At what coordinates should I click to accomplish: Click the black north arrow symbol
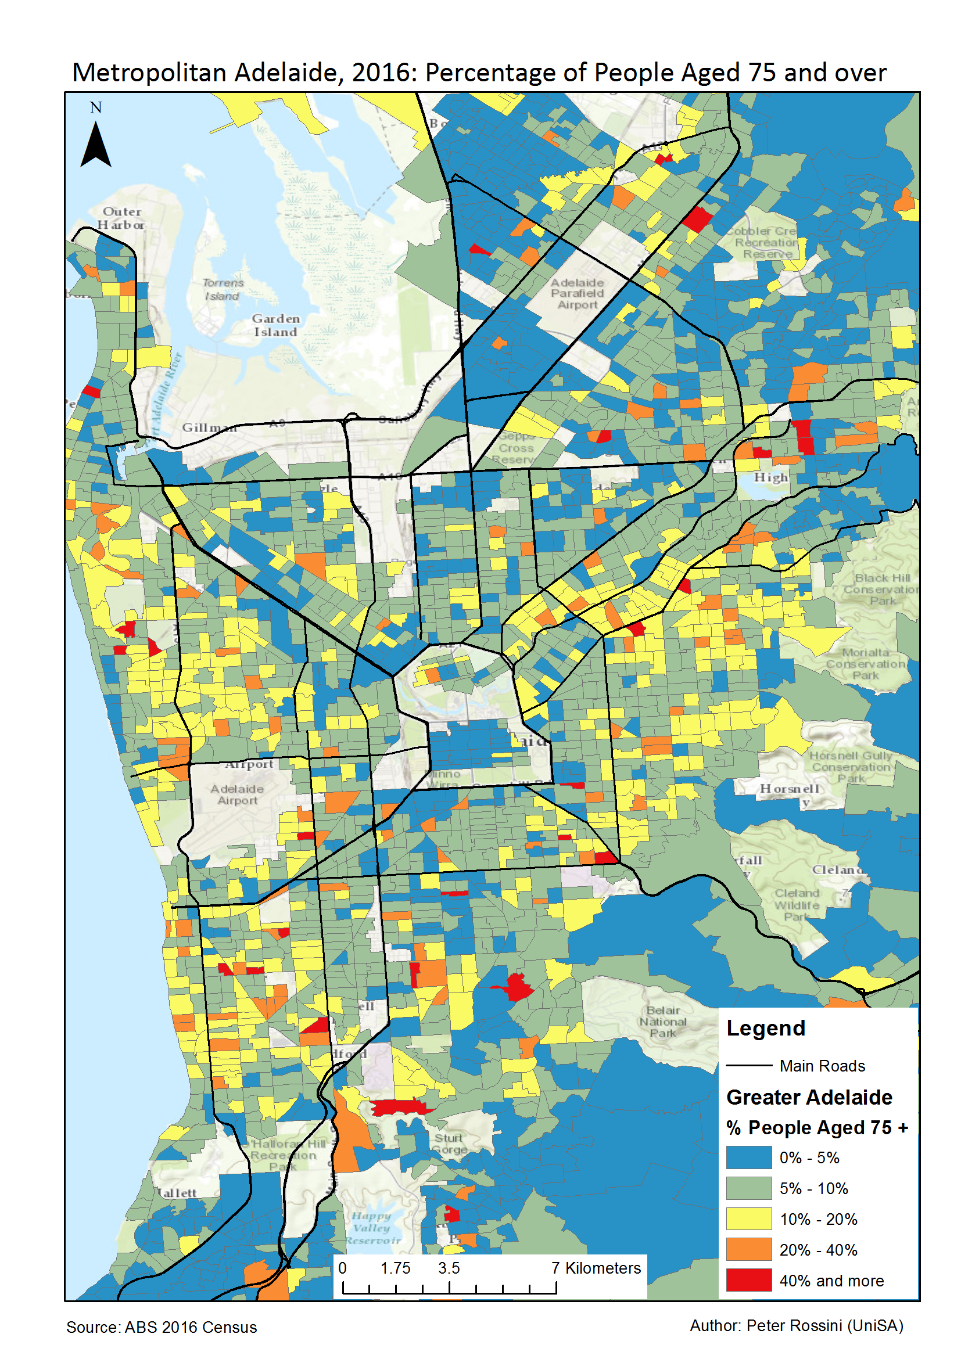[x=95, y=146]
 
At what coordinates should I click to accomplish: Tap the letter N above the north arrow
[x=96, y=107]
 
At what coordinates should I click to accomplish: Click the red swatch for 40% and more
[x=748, y=1279]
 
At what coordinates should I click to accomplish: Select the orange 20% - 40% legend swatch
[x=748, y=1249]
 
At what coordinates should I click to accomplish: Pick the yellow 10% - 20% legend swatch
[x=748, y=1218]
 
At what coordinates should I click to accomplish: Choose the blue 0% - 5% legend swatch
[x=748, y=1157]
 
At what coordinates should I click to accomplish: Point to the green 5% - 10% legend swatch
[x=748, y=1187]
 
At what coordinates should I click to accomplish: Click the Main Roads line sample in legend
[x=748, y=1065]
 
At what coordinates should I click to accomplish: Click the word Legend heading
[x=765, y=1028]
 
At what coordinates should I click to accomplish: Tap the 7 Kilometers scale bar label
[x=596, y=1268]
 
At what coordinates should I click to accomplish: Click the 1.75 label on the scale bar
[x=395, y=1268]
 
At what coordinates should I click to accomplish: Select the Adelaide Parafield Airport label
[x=577, y=294]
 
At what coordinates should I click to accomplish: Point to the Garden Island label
[x=275, y=326]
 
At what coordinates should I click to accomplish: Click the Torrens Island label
[x=223, y=289]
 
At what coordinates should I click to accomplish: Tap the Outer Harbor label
[x=121, y=218]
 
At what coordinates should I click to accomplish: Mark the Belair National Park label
[x=662, y=1022]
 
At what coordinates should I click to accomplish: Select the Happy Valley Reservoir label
[x=372, y=1228]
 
